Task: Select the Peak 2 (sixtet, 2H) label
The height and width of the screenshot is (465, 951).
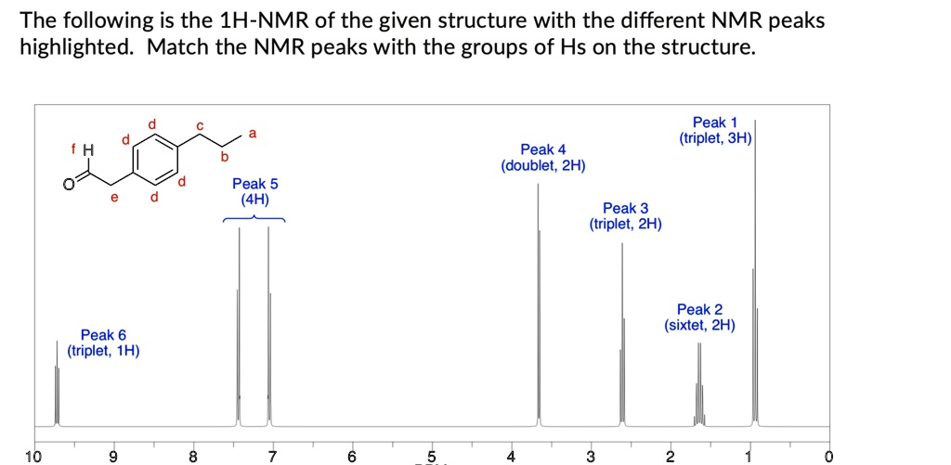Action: (699, 317)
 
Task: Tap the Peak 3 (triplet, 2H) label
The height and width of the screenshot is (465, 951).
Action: (625, 216)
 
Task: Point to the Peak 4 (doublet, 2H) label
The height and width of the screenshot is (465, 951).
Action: (543, 158)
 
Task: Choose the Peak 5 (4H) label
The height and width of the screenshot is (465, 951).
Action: (254, 191)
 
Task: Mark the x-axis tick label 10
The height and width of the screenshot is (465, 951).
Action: (33, 456)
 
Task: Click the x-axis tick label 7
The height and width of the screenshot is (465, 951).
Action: (271, 456)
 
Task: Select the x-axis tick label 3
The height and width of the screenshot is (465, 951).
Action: (589, 456)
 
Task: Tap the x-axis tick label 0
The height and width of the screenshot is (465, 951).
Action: (827, 456)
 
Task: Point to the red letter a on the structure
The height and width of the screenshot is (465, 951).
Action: (250, 135)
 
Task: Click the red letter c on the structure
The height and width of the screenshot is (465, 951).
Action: (198, 125)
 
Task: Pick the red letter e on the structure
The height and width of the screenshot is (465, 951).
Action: (113, 197)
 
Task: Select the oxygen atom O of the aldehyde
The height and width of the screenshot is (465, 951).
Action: (68, 183)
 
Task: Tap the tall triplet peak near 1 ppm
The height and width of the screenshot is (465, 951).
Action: (755, 278)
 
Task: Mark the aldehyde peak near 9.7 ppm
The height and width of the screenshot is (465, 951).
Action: (57, 390)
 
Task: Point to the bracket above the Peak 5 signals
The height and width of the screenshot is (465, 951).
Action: (254, 217)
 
